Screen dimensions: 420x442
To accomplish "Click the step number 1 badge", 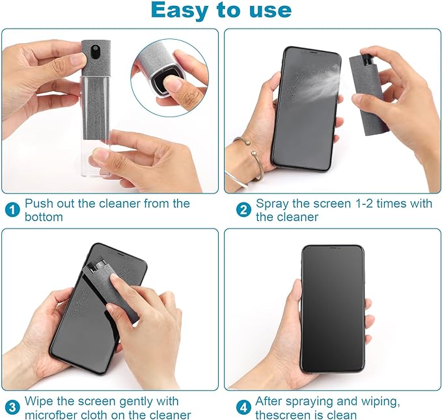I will (12, 210).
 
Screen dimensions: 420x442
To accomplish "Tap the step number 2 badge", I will (243, 210).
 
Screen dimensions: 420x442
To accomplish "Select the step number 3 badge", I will (12, 408).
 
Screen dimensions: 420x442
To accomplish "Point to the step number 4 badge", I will (243, 408).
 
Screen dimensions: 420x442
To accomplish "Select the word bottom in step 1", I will (44, 217).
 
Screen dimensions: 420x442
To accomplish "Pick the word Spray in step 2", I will (272, 203).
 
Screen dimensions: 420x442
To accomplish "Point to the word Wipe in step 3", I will (39, 401).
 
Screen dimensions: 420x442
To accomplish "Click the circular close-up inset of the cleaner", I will (169, 77).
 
